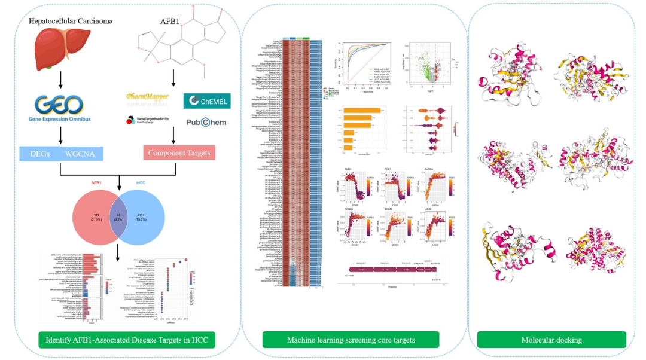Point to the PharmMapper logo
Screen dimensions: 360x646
tap(147, 96)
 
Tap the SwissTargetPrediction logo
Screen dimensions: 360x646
tap(147, 120)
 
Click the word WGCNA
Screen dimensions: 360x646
tap(82, 153)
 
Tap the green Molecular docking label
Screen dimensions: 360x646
tap(551, 340)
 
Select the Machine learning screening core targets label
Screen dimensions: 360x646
tap(351, 340)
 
